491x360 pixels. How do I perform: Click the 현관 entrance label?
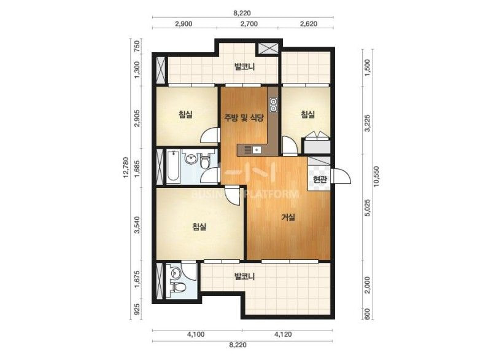tap(320, 179)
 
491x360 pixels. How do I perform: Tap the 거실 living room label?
tap(288, 217)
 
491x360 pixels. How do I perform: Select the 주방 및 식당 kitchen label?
tap(244, 118)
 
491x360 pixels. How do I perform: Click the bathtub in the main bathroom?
tap(173, 167)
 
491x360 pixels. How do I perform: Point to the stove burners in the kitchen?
tap(273, 105)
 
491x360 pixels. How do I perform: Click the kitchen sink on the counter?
tap(257, 150)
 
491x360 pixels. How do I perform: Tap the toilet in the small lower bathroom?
tap(178, 287)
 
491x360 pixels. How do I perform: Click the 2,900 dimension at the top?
tap(184, 24)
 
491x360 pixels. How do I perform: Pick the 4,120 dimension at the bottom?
tap(283, 334)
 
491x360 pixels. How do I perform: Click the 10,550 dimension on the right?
tap(376, 176)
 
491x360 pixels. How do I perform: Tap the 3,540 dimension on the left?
tap(137, 225)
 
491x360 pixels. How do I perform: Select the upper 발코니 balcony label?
tap(244, 66)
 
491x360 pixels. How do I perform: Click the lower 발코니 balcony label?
tap(244, 276)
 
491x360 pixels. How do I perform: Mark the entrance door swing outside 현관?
tap(342, 176)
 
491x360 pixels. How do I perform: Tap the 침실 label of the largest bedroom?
tap(199, 226)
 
